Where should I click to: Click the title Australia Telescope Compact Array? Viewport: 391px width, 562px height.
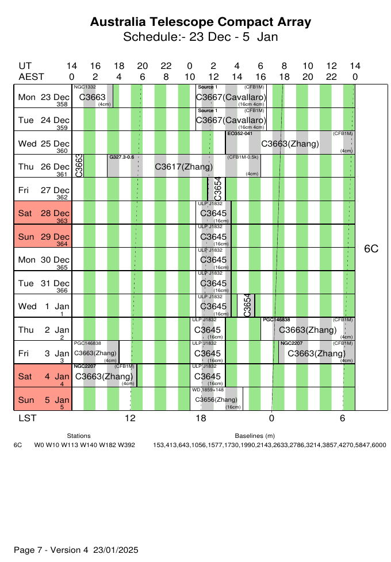tap(201, 22)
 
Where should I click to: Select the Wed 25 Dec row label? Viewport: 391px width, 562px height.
tap(44, 144)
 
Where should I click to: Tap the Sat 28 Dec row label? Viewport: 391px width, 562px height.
tap(44, 213)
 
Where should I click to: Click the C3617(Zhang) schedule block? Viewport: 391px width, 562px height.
tap(184, 167)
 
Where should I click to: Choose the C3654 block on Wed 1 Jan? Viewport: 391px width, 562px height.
tap(247, 306)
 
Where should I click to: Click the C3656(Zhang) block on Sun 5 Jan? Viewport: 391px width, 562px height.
tap(216, 399)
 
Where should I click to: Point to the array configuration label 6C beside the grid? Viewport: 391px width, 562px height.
tap(371, 249)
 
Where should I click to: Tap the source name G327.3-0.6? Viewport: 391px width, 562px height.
tap(121, 157)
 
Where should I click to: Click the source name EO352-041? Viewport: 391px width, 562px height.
tap(240, 133)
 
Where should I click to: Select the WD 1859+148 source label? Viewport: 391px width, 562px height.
tap(207, 390)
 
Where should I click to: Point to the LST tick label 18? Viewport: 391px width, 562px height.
tap(201, 418)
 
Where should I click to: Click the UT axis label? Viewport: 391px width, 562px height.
tap(25, 66)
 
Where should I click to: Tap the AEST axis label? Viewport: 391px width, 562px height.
tap(32, 76)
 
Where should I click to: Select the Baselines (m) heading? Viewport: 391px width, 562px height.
tap(255, 436)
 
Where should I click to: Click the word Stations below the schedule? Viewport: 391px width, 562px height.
tap(79, 436)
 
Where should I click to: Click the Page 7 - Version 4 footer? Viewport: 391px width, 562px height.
tap(76, 550)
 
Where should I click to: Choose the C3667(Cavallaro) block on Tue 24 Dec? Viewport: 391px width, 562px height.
tap(231, 120)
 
